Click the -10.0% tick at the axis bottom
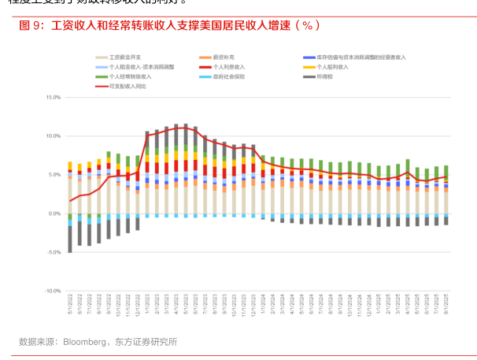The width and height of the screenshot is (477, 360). pyautogui.click(x=51, y=291)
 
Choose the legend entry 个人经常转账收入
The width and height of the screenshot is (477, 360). pyautogui.click(x=131, y=77)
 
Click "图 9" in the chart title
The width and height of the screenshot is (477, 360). pyautogui.click(x=31, y=25)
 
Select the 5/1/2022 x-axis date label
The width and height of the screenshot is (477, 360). pyautogui.click(x=70, y=303)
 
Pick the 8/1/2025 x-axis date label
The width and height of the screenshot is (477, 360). pyautogui.click(x=446, y=303)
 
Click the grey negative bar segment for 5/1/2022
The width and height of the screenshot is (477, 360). pyautogui.click(x=70, y=239)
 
